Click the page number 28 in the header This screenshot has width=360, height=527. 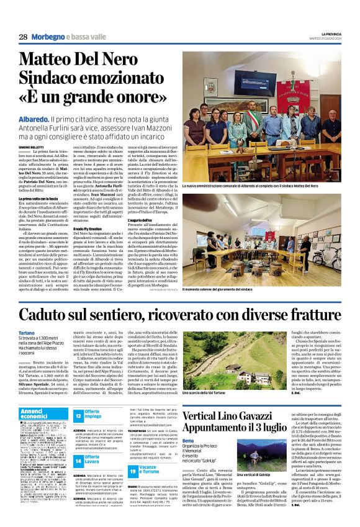tap(23, 37)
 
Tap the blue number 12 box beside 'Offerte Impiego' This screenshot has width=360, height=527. tap(78, 416)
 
